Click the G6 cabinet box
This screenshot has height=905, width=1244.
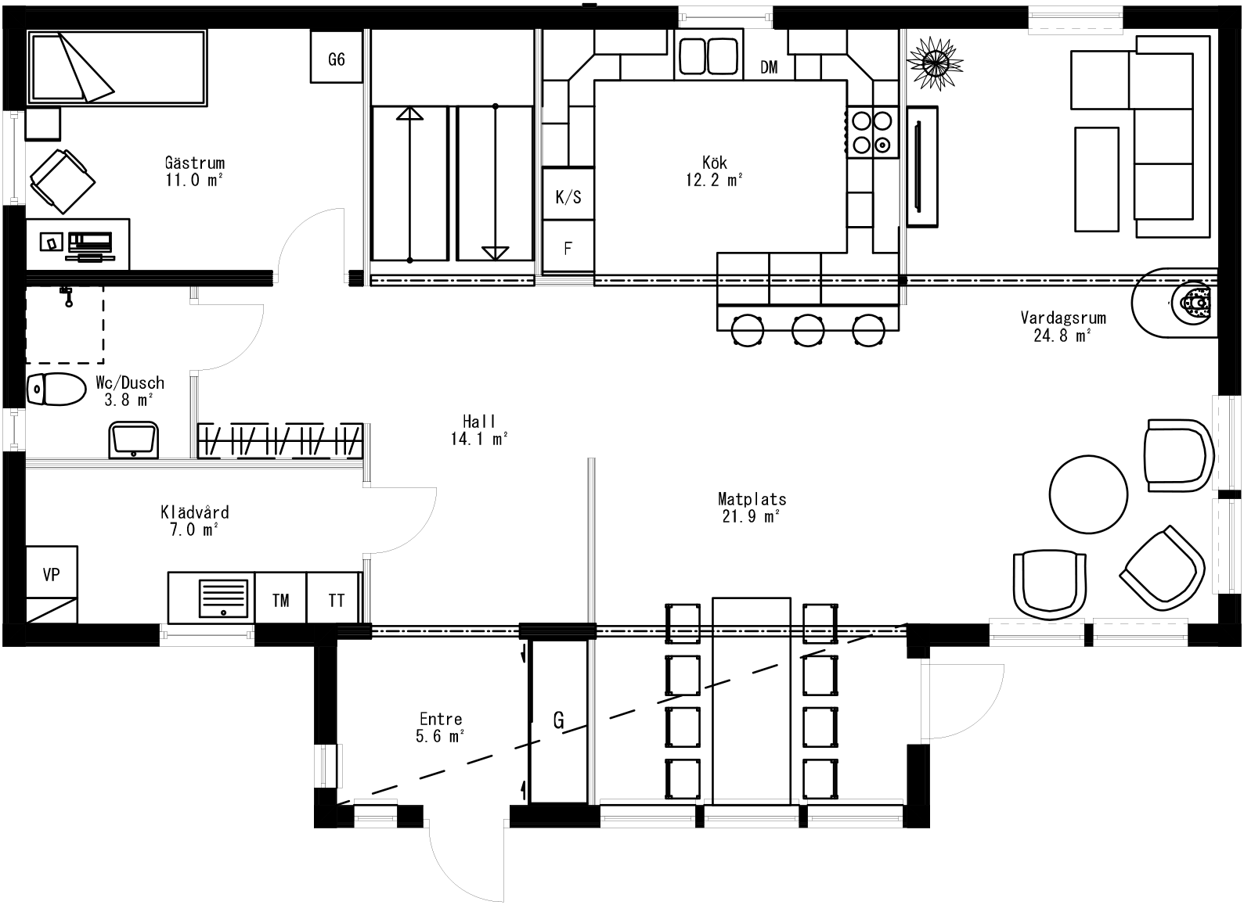[x=336, y=57]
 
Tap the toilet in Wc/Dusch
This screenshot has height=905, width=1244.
[x=56, y=390]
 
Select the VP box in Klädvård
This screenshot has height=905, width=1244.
[x=52, y=575]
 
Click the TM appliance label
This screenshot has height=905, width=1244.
[x=280, y=600]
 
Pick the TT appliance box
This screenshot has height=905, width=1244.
[x=336, y=600]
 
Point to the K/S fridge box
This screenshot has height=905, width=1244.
[x=568, y=196]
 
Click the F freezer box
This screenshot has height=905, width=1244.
[x=568, y=249]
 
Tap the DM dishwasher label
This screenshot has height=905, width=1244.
[x=769, y=67]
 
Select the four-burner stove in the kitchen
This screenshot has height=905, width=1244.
[x=871, y=132]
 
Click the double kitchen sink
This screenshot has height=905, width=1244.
[x=709, y=57]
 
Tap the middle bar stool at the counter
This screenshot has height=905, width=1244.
[x=808, y=329]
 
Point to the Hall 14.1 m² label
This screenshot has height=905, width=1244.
[x=479, y=430]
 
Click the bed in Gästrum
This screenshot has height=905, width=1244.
[x=117, y=67]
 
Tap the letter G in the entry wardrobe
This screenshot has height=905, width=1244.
[x=558, y=720]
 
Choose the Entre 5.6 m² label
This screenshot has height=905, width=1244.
[x=441, y=727]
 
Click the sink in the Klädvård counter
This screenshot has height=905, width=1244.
[x=224, y=598]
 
